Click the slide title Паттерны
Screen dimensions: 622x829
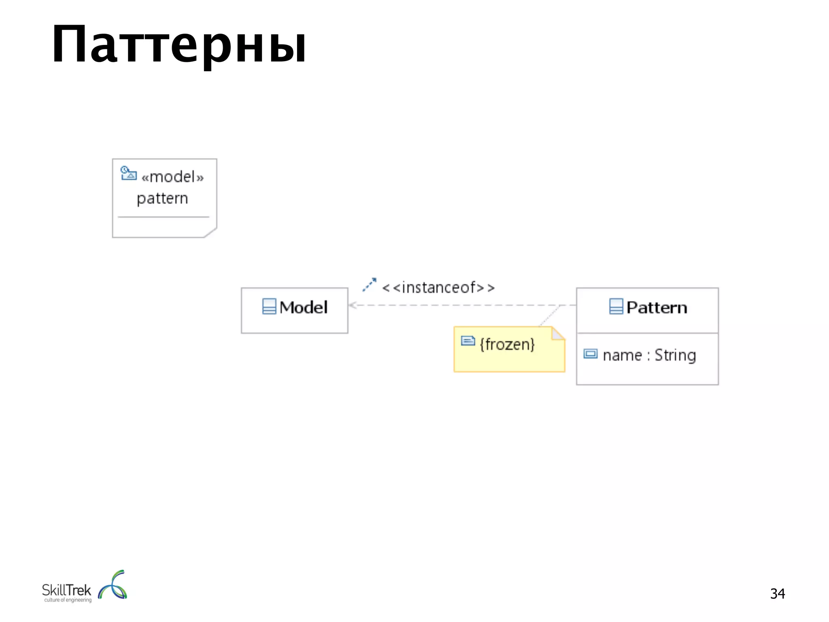(179, 45)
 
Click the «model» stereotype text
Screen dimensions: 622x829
(172, 177)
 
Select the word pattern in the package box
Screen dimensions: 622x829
(162, 198)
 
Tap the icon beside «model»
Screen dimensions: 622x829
(128, 173)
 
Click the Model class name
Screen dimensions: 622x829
(303, 307)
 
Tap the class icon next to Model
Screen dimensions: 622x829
(269, 307)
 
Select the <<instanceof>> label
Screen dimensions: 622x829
(438, 288)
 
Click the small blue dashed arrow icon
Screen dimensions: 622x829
(369, 285)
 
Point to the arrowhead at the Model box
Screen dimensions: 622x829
(352, 305)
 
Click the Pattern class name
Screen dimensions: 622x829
(657, 308)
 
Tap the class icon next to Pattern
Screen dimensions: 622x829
(616, 307)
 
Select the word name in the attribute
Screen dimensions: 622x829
(622, 356)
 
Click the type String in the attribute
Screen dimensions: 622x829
(675, 356)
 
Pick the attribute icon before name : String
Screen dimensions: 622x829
(590, 354)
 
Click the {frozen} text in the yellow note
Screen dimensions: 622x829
(507, 345)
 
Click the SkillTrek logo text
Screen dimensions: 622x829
(67, 590)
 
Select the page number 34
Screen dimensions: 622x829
(777, 594)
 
